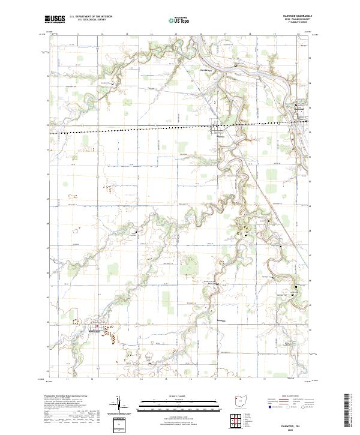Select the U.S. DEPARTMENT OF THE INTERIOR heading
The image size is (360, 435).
point(91,17)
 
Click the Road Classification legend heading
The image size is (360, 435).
point(288,397)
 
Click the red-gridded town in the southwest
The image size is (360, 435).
point(95,328)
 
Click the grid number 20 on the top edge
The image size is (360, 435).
point(298,35)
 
